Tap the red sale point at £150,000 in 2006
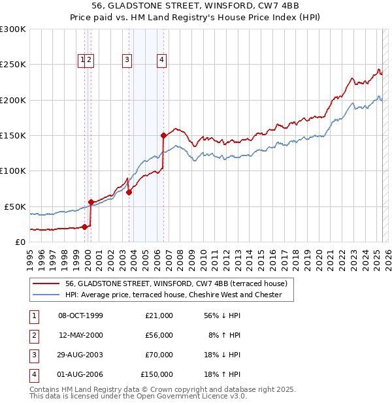pyautogui.click(x=163, y=135)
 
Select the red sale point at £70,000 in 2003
pyautogui.click(x=129, y=192)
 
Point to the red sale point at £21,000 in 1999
pyautogui.click(x=85, y=227)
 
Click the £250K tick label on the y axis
pyautogui.click(x=13, y=65)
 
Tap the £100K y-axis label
pyautogui.click(x=13, y=170)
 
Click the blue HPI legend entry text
pyautogui.click(x=173, y=295)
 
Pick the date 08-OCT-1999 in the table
pyautogui.click(x=80, y=316)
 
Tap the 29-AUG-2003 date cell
pyautogui.click(x=80, y=355)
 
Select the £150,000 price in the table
pyautogui.click(x=157, y=374)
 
